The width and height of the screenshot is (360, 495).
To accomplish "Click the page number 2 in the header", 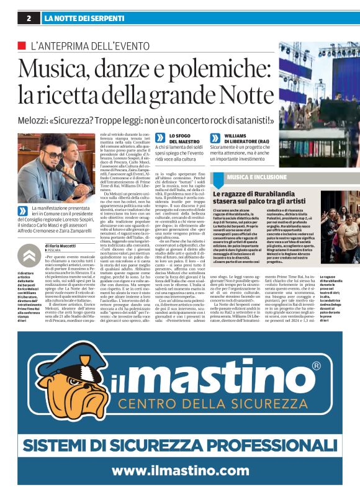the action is tap(29, 18).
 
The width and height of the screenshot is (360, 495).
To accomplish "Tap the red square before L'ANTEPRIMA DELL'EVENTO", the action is tap(22, 46).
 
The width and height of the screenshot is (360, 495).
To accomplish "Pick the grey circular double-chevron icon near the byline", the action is tap(29, 255).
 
